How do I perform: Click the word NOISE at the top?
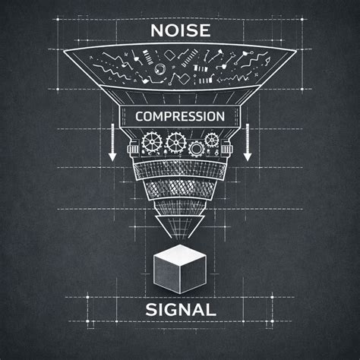pyautogui.click(x=180, y=30)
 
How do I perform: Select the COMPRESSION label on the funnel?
pyautogui.click(x=180, y=116)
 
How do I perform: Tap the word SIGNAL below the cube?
pyautogui.click(x=181, y=310)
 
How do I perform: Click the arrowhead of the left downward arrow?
pyautogui.click(x=112, y=156)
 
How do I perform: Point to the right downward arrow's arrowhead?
pyautogui.click(x=248, y=156)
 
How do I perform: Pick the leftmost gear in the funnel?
pyautogui.click(x=152, y=143)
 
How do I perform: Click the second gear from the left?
pyautogui.click(x=175, y=142)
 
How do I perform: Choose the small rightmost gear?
pyautogui.click(x=211, y=140)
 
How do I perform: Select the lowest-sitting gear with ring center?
pyautogui.click(x=196, y=149)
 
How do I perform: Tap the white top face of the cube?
pyautogui.click(x=180, y=254)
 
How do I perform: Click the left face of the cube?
pyautogui.click(x=167, y=275)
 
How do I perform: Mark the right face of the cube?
pyautogui.click(x=194, y=275)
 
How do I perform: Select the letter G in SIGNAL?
pyautogui.click(x=173, y=310)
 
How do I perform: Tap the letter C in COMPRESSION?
pyautogui.click(x=140, y=116)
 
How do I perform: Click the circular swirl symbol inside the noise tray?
pyautogui.click(x=160, y=68)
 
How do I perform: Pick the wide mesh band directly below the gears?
pyautogui.click(x=179, y=171)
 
